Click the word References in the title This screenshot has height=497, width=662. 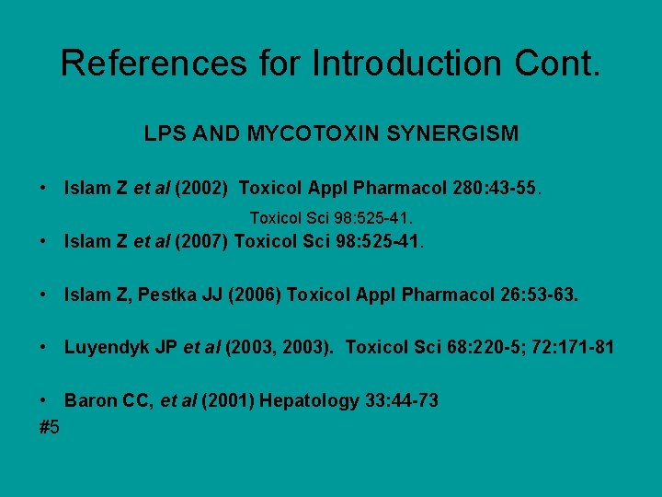point(154,64)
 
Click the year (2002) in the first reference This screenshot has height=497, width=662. point(200,190)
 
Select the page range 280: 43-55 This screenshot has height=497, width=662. point(496,190)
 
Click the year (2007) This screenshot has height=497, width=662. point(200,243)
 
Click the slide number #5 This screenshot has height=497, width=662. point(50,427)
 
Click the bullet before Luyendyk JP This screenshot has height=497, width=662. point(44,348)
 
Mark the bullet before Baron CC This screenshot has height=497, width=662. point(44,400)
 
